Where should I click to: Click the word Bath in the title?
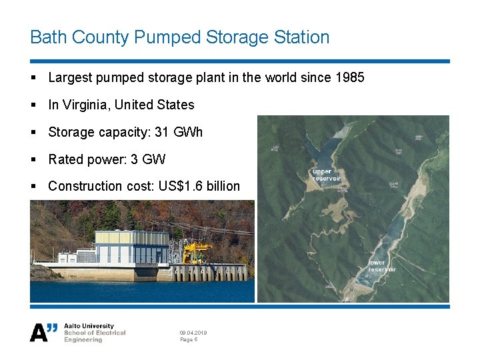coord(46,37)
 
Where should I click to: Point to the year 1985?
coord(350,77)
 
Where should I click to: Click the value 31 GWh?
coord(179,132)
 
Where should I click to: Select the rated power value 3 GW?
coord(151,159)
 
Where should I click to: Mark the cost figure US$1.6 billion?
coord(199,186)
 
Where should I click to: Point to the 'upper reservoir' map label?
coord(327,175)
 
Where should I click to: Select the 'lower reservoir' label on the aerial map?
coord(382,266)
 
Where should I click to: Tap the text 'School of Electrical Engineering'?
coord(94,336)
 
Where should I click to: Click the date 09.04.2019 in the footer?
coord(193,332)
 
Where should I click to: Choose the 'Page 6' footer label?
coord(189,340)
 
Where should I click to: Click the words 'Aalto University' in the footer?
coord(89,326)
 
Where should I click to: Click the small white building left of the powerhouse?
coord(85,256)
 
